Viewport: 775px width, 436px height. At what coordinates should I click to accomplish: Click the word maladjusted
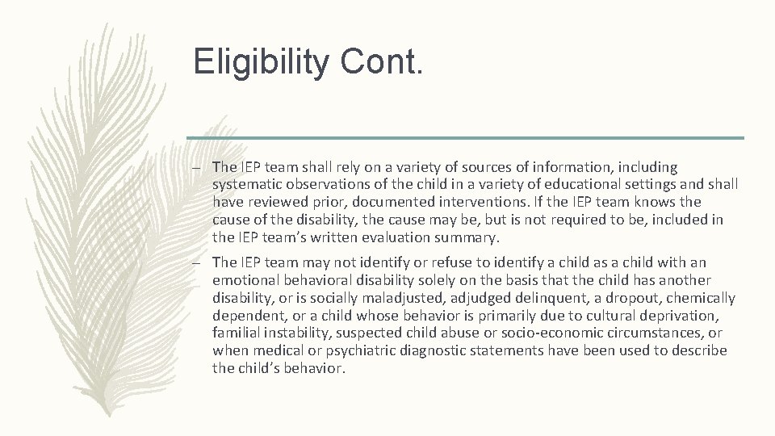pyautogui.click(x=354, y=298)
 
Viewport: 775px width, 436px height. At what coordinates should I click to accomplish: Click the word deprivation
pyautogui.click(x=676, y=316)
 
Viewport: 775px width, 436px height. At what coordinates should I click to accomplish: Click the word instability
pyautogui.click(x=290, y=333)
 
